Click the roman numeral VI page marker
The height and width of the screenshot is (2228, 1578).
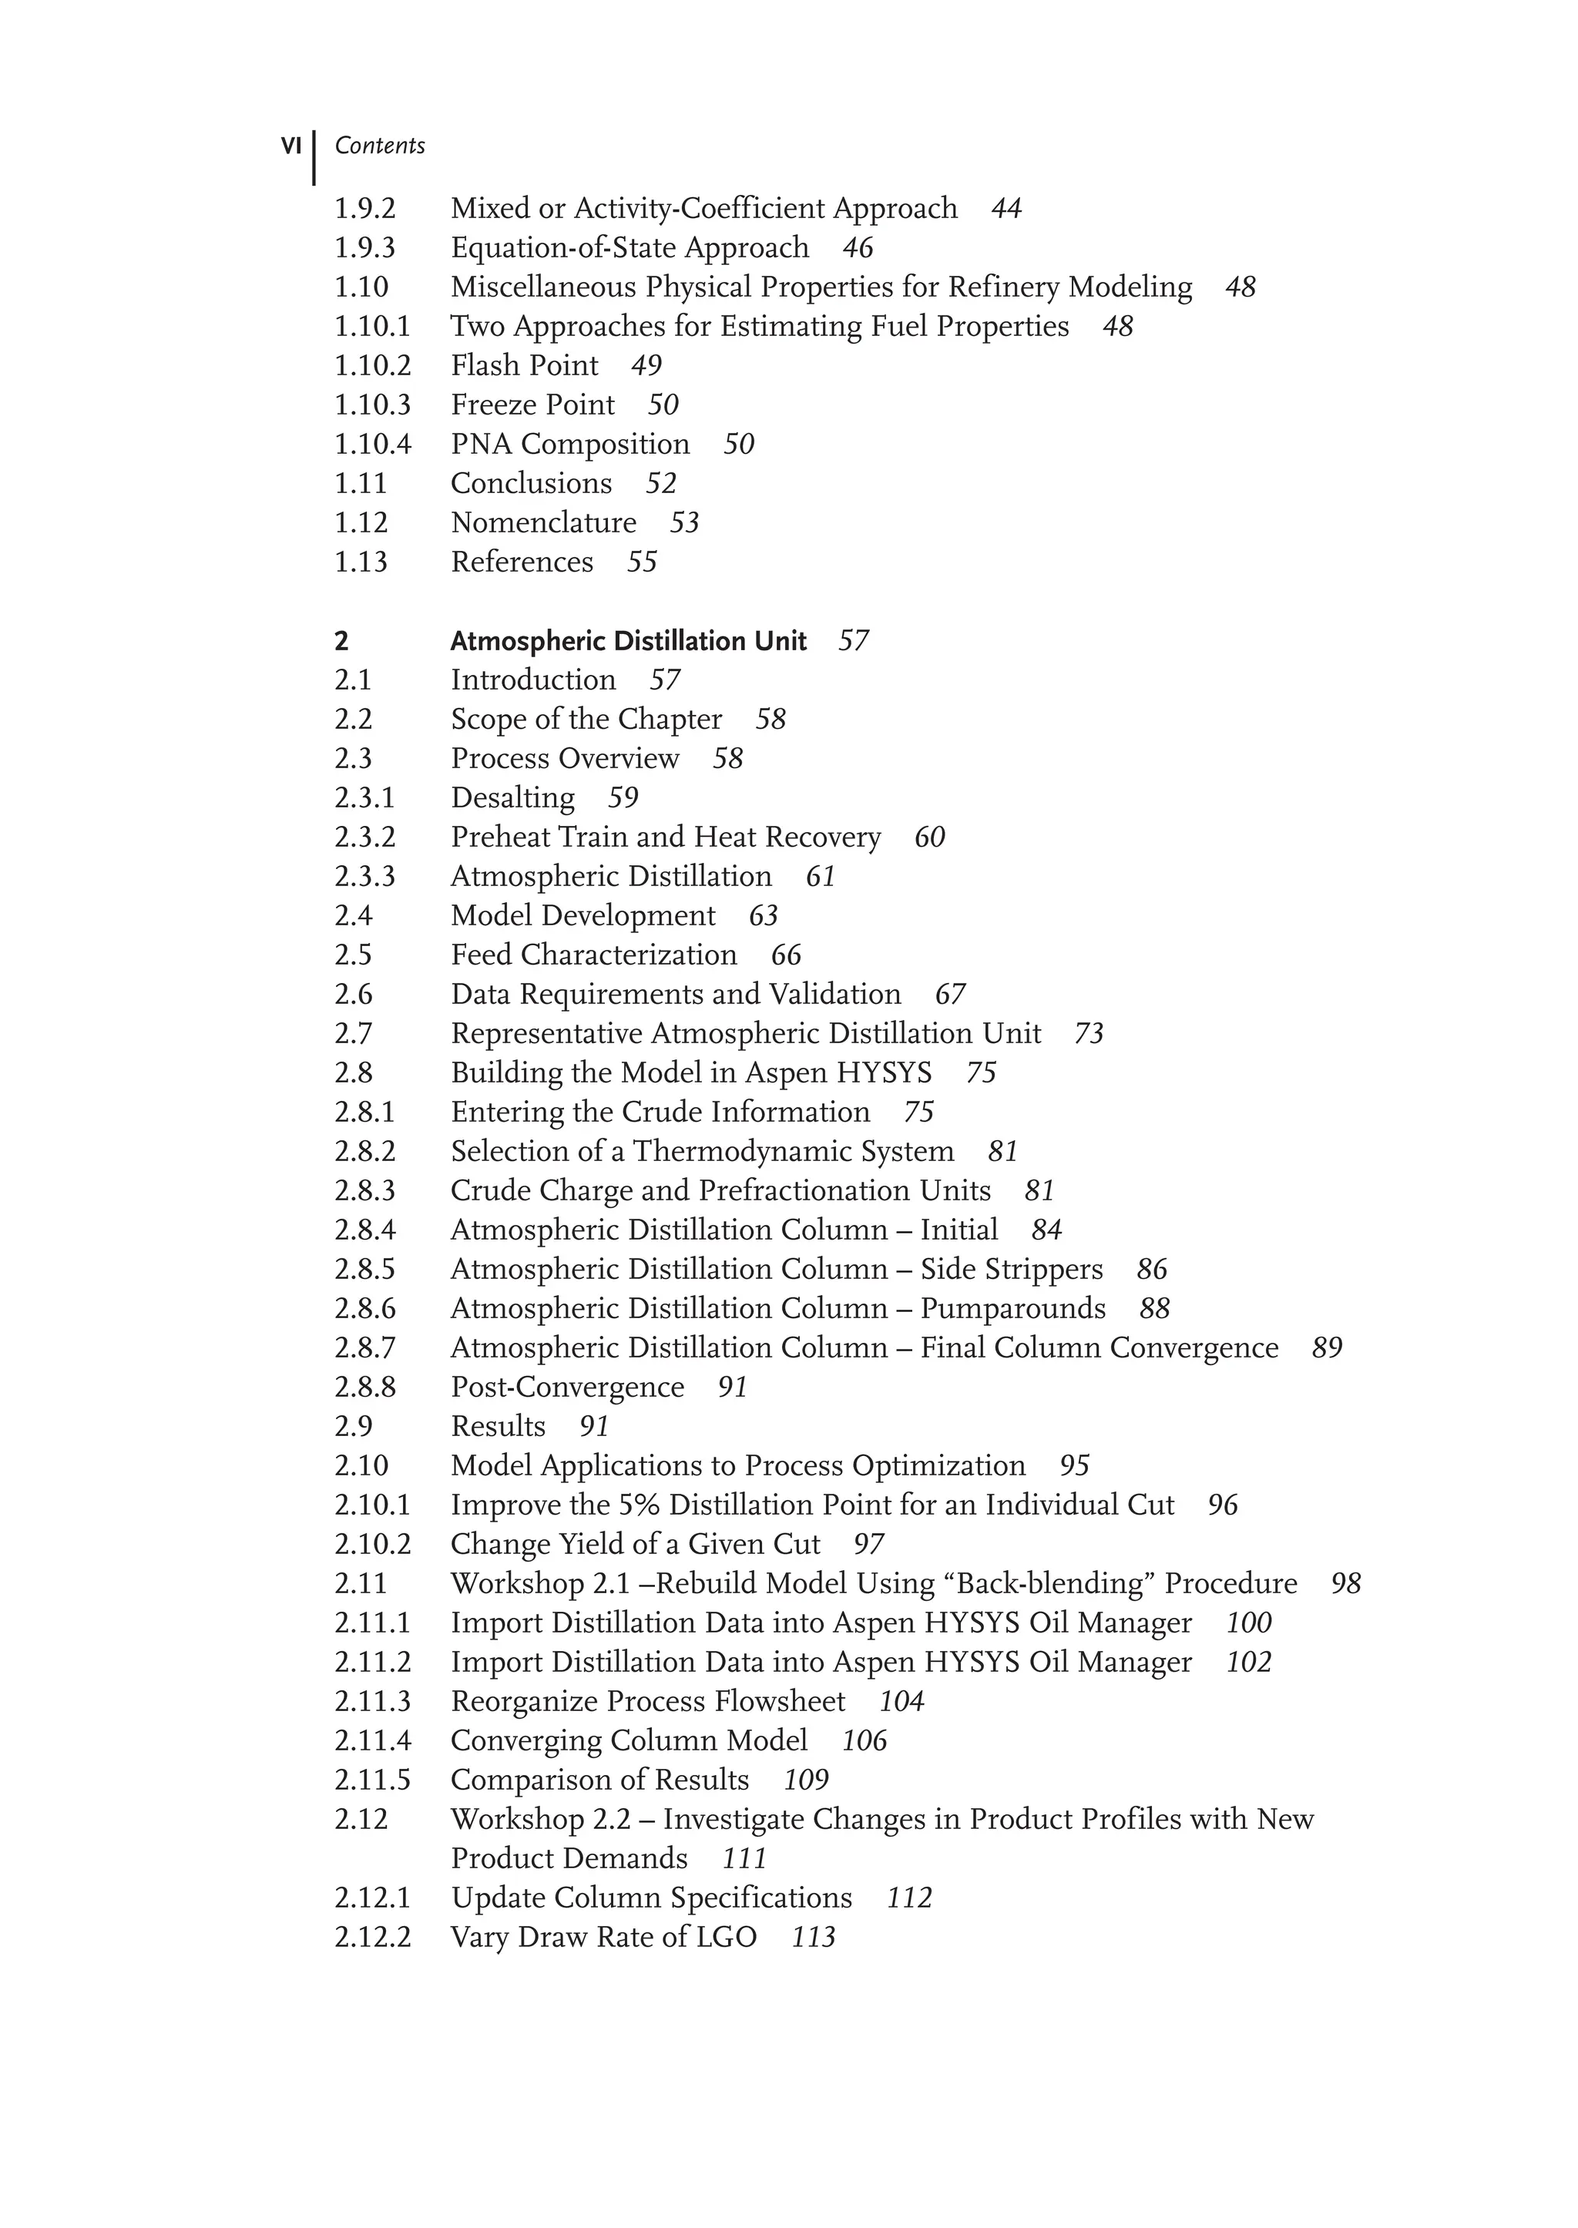point(290,146)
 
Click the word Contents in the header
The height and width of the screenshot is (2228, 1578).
point(379,146)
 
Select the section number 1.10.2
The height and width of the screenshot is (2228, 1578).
point(372,365)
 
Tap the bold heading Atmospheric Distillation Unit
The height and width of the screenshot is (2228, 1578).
point(628,641)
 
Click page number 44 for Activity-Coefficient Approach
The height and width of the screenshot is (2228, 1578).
point(1006,209)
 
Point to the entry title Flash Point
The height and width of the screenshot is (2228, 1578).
point(524,365)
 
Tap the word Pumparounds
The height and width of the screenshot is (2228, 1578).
point(1012,1309)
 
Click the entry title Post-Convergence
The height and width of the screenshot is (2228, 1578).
point(566,1387)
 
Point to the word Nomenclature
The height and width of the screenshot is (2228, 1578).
point(543,523)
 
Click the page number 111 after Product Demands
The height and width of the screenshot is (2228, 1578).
point(744,1859)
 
